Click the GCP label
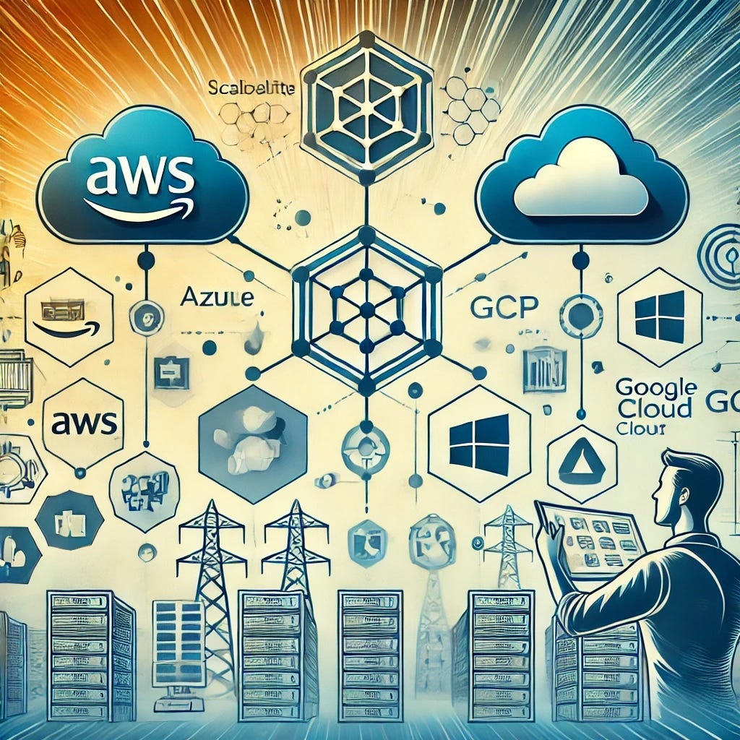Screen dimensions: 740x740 503,308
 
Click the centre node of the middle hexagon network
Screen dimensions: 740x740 367,310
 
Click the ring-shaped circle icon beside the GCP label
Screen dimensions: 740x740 580,316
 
